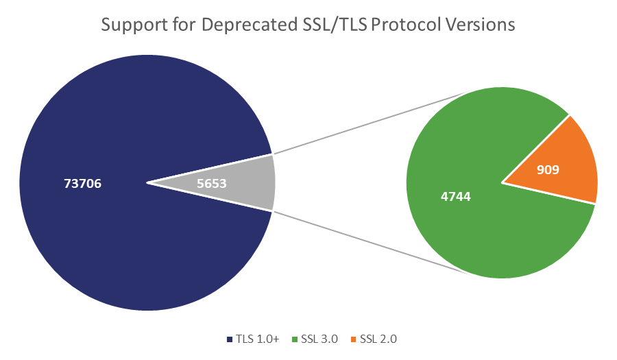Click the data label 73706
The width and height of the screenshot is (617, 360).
point(82,184)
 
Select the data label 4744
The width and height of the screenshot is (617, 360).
point(455,197)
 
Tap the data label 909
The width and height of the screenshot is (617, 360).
point(548,169)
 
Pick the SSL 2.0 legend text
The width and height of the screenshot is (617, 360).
point(378,339)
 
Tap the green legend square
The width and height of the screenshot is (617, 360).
point(296,339)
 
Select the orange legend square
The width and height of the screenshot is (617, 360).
point(355,339)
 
